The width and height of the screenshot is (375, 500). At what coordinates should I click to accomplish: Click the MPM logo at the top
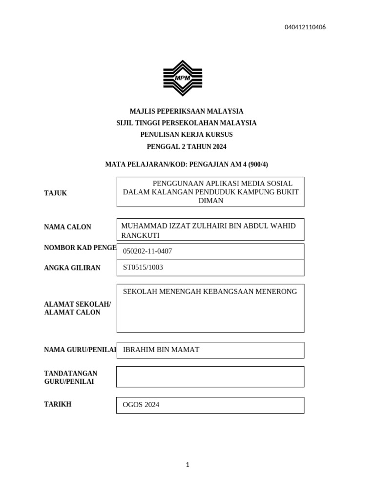coord(182,78)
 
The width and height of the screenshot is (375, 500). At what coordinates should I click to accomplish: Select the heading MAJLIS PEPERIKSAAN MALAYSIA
coord(186,111)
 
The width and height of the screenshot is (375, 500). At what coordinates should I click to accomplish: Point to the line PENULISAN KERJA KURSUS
coord(186,134)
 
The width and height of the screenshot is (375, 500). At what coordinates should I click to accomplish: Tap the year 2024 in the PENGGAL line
coord(218,146)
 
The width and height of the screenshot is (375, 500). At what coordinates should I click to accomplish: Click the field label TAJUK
coord(55,193)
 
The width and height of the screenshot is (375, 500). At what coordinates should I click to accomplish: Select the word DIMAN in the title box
coord(210,201)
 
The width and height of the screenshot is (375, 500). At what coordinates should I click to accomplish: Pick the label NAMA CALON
coord(67,227)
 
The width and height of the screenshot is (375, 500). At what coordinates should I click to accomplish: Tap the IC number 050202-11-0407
coord(147,251)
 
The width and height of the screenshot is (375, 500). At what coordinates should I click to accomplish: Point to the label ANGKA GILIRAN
coord(72,268)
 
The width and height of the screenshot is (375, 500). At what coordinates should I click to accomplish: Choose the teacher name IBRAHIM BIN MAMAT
coord(161,350)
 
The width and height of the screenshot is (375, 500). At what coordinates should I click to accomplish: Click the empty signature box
coord(210,376)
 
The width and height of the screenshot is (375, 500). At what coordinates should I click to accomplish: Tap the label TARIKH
coord(58,404)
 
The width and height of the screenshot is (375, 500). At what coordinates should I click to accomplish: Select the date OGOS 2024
coord(141,405)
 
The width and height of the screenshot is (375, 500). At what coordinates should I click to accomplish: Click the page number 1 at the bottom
coord(187,465)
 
